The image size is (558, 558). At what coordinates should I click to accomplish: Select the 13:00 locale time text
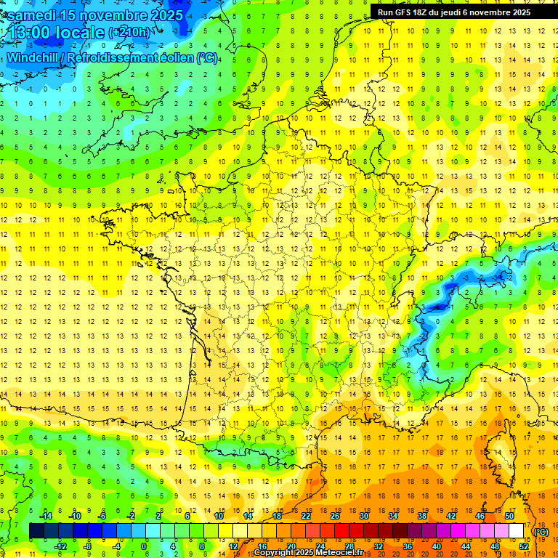coord(54,33)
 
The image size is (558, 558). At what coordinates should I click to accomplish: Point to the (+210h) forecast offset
coord(130,33)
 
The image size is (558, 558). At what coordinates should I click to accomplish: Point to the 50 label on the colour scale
coord(509,516)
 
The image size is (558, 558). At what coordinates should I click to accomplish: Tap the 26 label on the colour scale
coord(335,516)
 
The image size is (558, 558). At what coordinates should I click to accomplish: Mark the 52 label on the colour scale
coord(523,546)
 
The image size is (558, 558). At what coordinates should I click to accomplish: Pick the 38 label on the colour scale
coord(422,516)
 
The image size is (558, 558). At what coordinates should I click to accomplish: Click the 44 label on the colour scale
coord(466,546)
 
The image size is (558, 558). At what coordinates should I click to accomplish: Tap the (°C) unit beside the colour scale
coord(540,531)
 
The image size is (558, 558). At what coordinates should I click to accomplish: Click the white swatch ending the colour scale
coord(516,531)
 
